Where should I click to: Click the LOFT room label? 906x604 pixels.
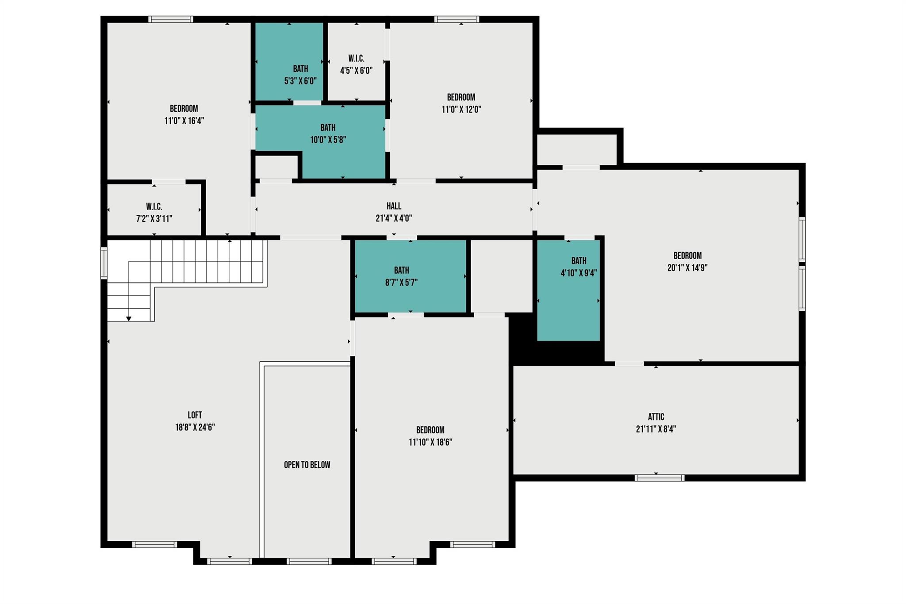[195, 415]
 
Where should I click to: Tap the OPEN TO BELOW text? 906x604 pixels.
[307, 465]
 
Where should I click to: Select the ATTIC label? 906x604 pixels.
[656, 417]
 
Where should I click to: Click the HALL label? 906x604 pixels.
[394, 206]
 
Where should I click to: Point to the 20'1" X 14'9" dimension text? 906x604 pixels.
[687, 268]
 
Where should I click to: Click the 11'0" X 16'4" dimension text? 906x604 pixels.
[184, 121]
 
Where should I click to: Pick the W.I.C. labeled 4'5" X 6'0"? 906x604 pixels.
[356, 65]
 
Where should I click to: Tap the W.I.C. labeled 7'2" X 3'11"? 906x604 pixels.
[154, 213]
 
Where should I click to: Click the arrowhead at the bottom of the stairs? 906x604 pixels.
[129, 318]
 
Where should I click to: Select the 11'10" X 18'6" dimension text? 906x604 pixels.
[430, 442]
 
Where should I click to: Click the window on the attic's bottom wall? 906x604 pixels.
[659, 478]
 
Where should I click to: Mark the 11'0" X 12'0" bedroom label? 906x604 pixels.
[461, 97]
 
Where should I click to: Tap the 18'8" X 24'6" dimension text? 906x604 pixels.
[195, 428]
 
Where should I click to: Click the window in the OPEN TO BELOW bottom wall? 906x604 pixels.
[309, 562]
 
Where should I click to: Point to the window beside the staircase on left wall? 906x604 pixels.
[104, 263]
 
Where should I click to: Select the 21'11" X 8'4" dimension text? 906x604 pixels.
[656, 429]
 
